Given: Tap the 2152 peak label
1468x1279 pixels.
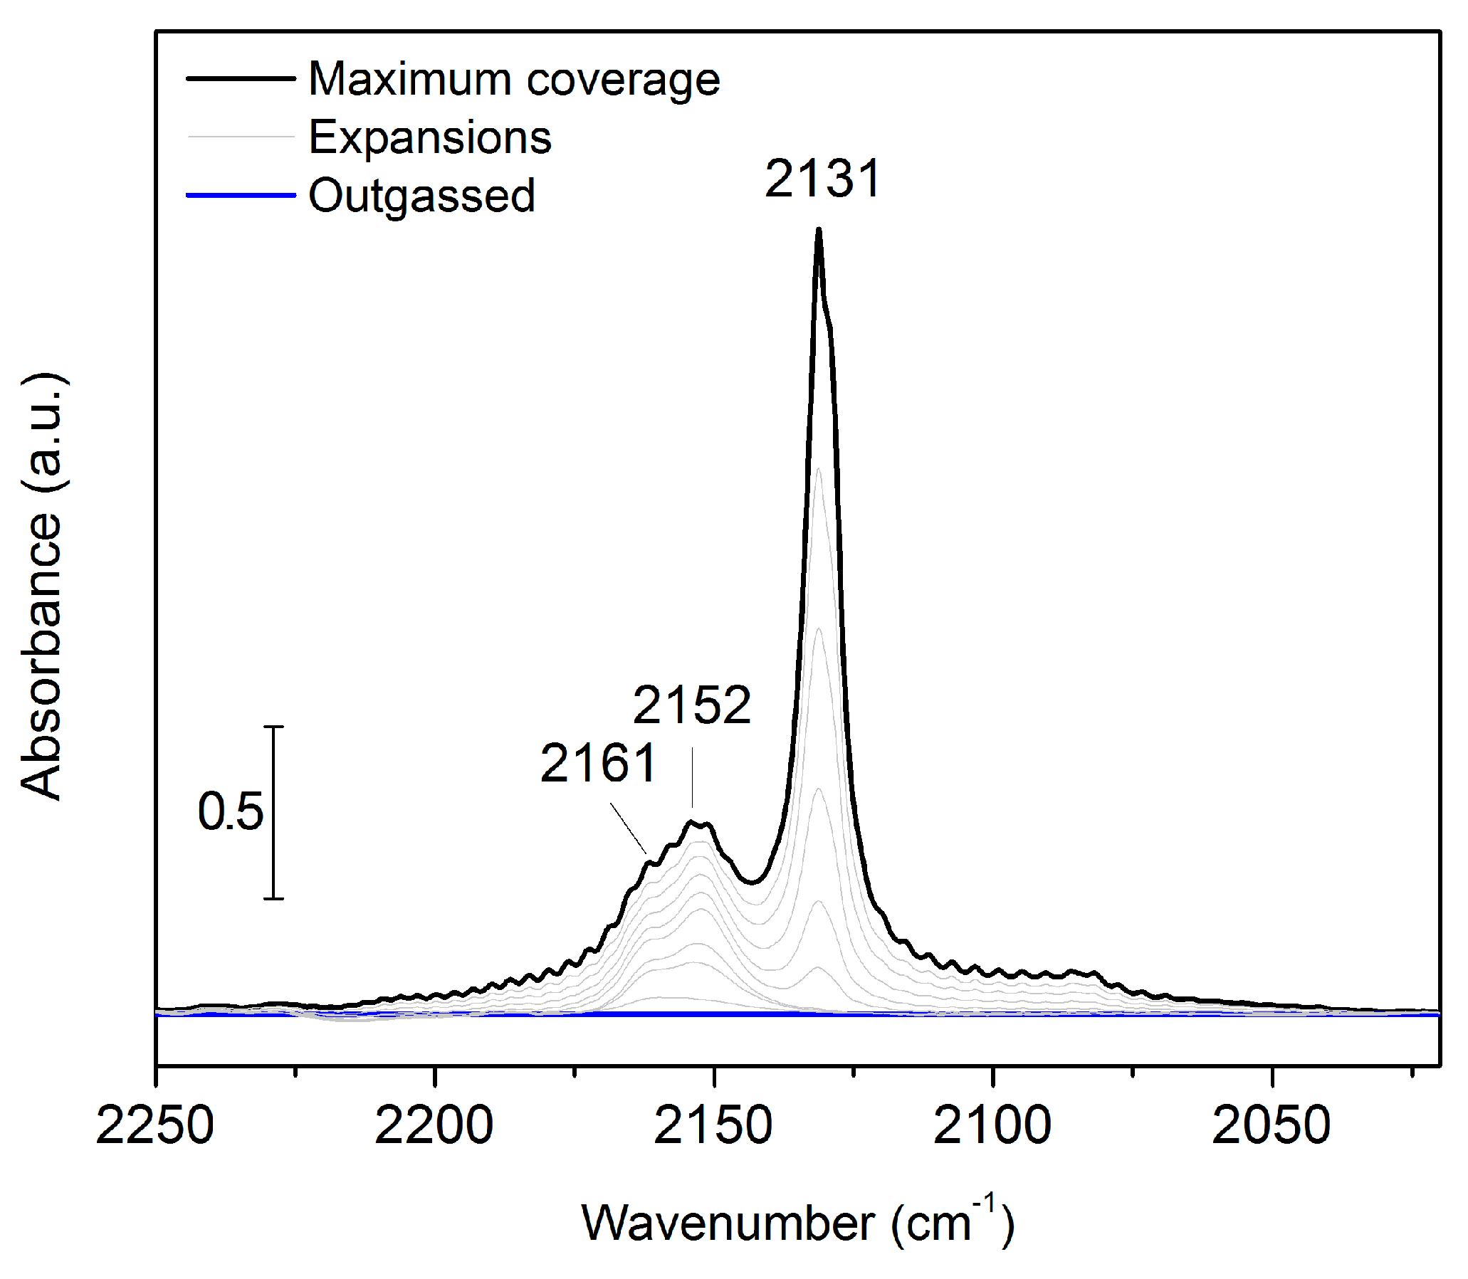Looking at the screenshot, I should point(692,705).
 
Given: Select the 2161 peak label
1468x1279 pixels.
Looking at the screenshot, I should point(597,764).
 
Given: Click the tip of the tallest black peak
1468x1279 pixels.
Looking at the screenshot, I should point(819,231).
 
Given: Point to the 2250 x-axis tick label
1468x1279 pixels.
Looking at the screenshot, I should point(154,1126).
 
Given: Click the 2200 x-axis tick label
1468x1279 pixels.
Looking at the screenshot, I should point(434,1126).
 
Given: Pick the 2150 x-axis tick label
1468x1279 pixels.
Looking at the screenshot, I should point(713,1126).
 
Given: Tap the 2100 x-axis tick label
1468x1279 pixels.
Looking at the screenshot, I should point(992,1126).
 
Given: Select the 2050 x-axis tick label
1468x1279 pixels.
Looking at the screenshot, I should point(1271,1126).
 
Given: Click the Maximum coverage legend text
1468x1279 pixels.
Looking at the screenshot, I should point(514,79).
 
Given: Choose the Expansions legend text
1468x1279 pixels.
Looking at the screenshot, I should point(430,137).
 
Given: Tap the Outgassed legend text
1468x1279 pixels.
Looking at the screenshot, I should point(421,196).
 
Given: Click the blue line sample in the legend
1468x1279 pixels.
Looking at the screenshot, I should point(241,195).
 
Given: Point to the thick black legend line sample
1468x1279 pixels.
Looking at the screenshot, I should point(241,78).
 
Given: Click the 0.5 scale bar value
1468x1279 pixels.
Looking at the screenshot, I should point(230,811).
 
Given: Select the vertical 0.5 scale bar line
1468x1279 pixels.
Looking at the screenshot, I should point(274,812).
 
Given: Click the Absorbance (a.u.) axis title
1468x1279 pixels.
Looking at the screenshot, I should point(43,585).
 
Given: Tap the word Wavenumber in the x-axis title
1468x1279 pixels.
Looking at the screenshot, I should point(728,1223).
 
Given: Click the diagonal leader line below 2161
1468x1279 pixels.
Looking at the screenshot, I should point(629,828).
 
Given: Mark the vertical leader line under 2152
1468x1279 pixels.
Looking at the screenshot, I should point(692,778).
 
